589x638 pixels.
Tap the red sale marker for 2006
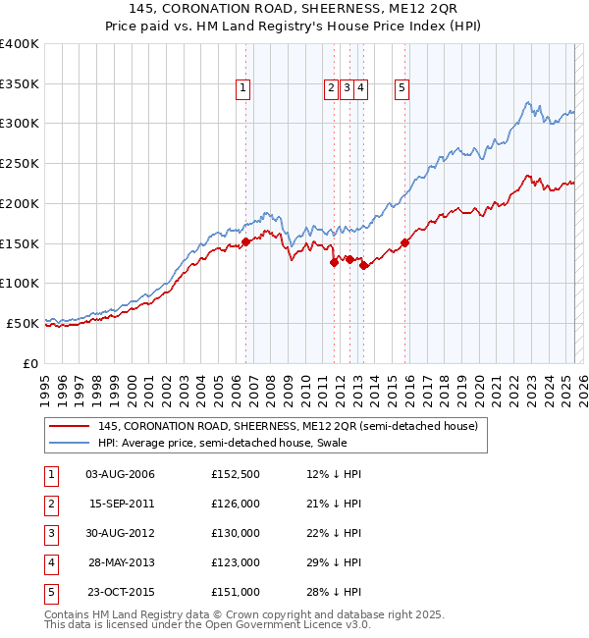[245, 241]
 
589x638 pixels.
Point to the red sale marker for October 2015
[405, 242]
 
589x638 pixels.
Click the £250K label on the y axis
[20, 163]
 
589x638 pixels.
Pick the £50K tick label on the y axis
[24, 323]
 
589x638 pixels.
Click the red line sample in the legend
[71, 426]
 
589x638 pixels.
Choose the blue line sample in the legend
[71, 442]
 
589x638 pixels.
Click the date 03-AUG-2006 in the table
[121, 475]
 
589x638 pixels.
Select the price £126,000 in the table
[235, 504]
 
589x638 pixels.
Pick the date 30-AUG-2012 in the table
[121, 533]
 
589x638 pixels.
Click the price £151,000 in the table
[235, 592]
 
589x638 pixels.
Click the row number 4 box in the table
[50, 562]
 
